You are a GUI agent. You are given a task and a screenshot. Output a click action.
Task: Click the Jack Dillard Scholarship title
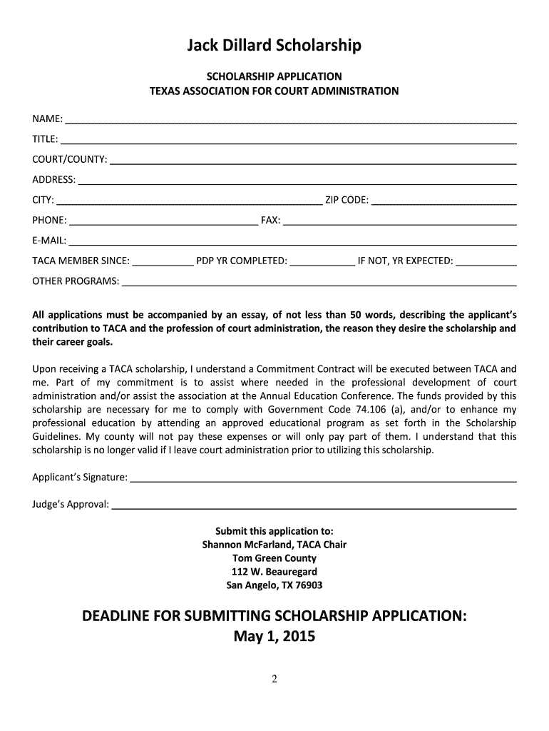pos(274,46)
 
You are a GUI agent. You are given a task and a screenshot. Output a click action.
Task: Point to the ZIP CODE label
pos(347,199)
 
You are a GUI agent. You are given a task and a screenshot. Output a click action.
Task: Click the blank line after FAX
pos(400,220)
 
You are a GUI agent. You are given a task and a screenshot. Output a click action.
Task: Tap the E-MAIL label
pos(49,241)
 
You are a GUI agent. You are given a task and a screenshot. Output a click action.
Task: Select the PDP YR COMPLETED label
pos(242,261)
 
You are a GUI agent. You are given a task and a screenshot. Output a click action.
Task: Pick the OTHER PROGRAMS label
pos(76,281)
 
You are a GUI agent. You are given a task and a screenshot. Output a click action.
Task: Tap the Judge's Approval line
pos(314,505)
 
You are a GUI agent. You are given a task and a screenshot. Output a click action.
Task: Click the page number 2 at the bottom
pos(274,680)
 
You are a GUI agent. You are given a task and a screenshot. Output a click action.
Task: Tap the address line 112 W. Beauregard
pos(274,572)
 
